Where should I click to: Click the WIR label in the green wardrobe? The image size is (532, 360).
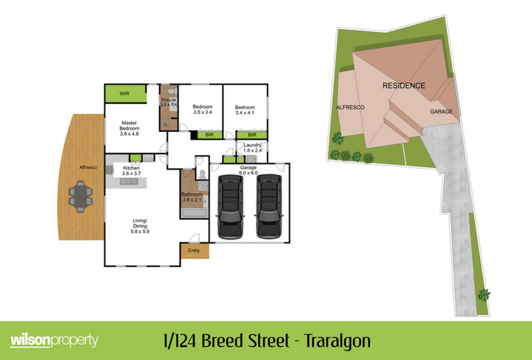click(124, 94)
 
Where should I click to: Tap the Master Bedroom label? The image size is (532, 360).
click(129, 128)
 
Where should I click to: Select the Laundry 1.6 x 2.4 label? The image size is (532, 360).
click(252, 148)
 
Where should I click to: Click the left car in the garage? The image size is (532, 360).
click(230, 207)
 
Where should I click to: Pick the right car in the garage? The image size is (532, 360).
click(269, 207)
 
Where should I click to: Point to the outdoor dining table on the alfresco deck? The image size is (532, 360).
click(80, 196)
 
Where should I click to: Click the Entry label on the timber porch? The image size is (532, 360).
click(194, 250)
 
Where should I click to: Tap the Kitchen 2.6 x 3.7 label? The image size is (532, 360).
click(131, 171)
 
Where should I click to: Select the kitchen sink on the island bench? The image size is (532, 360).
click(129, 182)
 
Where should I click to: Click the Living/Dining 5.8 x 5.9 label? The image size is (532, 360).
click(140, 226)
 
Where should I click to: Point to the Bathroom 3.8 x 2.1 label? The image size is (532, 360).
click(192, 197)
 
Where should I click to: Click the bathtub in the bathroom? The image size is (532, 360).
click(194, 213)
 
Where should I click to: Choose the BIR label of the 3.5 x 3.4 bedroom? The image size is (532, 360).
click(209, 135)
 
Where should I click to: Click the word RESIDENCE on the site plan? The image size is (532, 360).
click(404, 86)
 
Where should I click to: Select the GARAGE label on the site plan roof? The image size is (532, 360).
click(441, 111)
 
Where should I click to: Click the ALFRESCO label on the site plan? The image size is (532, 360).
click(350, 107)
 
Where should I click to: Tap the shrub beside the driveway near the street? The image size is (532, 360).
click(484, 295)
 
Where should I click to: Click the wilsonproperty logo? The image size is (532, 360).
click(54, 341)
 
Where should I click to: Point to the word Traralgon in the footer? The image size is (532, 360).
click(337, 341)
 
